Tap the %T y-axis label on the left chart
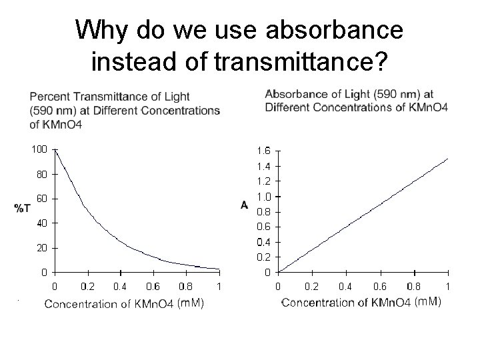[x=22, y=209]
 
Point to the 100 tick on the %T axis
[x=38, y=149]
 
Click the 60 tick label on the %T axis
[x=41, y=198]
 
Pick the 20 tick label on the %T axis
[x=41, y=247]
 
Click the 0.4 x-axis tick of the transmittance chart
[x=121, y=287]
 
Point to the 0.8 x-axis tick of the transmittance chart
[x=187, y=287]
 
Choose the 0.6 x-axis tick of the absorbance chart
[x=380, y=287]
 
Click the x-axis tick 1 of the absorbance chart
[x=448, y=287]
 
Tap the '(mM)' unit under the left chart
[x=190, y=303]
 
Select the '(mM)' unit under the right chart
[x=427, y=302]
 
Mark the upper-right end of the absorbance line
[x=448, y=159]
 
